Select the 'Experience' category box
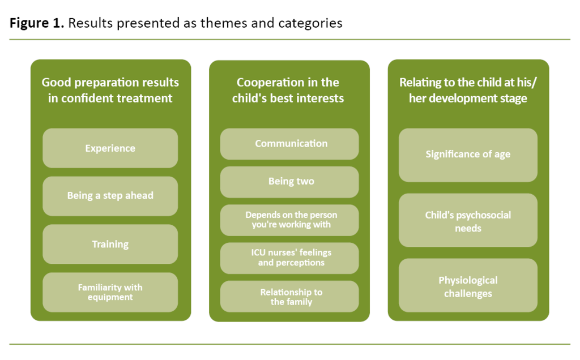click(x=110, y=148)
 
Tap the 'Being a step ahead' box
click(x=110, y=196)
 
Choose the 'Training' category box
click(x=110, y=245)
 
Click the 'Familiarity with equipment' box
click(x=110, y=292)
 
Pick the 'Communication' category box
click(x=289, y=144)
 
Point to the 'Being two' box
click(x=289, y=182)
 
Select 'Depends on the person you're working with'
click(x=289, y=220)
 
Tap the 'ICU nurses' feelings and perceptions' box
click(x=289, y=258)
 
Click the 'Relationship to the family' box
click(x=289, y=297)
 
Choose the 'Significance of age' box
click(x=468, y=155)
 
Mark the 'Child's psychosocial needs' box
click(x=468, y=221)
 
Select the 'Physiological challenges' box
click(x=468, y=286)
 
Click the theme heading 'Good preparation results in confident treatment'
click(x=110, y=90)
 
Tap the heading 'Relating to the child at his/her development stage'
click(x=468, y=90)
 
